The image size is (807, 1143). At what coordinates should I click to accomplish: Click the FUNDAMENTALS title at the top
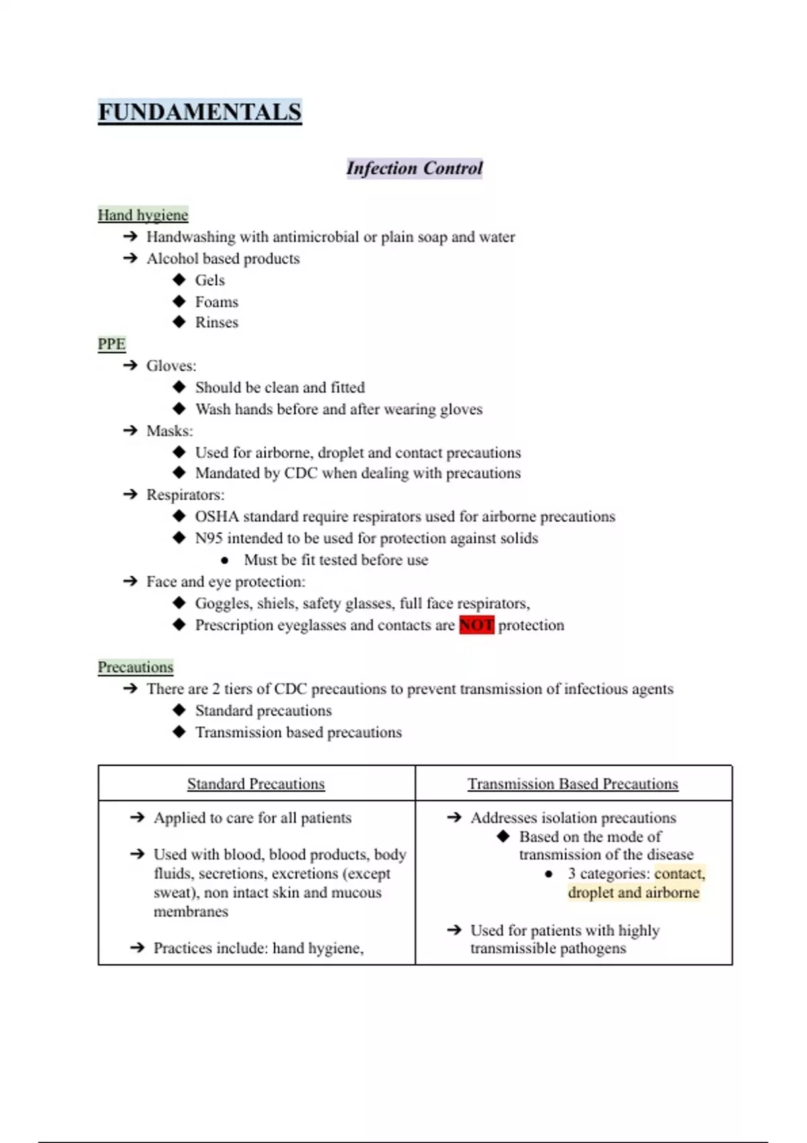pyautogui.click(x=200, y=112)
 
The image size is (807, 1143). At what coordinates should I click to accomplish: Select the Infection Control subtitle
pyautogui.click(x=414, y=168)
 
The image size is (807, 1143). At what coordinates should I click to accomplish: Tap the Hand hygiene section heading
pyautogui.click(x=143, y=215)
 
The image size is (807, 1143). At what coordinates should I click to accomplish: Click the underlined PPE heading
pyautogui.click(x=112, y=344)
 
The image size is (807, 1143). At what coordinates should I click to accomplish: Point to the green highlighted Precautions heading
pyautogui.click(x=135, y=667)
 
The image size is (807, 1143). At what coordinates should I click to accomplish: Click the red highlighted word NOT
pyautogui.click(x=476, y=625)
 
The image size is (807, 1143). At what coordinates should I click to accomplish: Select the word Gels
pyautogui.click(x=210, y=280)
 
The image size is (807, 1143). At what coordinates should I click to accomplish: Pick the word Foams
pyautogui.click(x=217, y=302)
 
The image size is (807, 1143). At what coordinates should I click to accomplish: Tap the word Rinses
pyautogui.click(x=217, y=323)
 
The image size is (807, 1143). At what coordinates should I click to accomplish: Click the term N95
pyautogui.click(x=208, y=539)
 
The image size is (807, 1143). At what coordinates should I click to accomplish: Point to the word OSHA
pyautogui.click(x=217, y=516)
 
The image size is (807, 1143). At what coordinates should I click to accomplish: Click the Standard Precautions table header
pyautogui.click(x=256, y=784)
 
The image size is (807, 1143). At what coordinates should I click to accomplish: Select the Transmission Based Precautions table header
pyautogui.click(x=573, y=784)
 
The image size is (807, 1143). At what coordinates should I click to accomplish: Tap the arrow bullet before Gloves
pyautogui.click(x=130, y=366)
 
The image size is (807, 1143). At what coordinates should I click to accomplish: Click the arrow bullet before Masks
pyautogui.click(x=130, y=430)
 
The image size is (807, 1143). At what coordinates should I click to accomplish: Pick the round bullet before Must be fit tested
pyautogui.click(x=225, y=560)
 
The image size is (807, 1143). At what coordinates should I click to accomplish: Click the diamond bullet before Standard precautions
pyautogui.click(x=179, y=710)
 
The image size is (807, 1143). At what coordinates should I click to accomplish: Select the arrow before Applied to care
pyautogui.click(x=138, y=818)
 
